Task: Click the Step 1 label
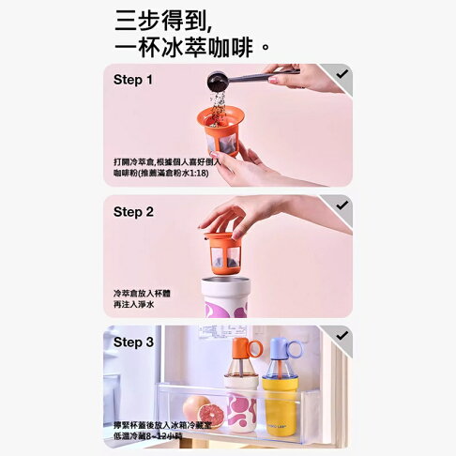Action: click(133, 80)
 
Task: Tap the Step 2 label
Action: click(133, 212)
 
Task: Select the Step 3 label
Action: click(133, 342)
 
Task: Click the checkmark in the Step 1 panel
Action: click(342, 73)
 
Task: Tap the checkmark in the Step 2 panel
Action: click(342, 205)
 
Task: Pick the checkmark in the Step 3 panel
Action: click(342, 335)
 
